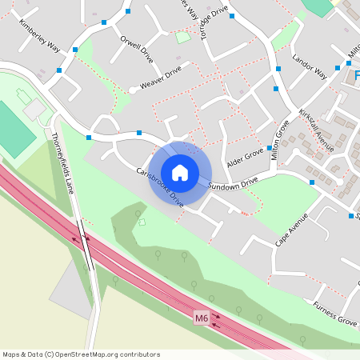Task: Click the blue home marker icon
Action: [180, 172]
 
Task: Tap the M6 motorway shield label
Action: [202, 318]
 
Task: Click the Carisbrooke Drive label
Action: [160, 186]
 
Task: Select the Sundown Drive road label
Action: [233, 184]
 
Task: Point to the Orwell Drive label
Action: [135, 48]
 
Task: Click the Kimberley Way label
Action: [39, 35]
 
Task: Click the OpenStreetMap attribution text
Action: [81, 354]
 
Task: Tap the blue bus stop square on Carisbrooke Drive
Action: [139, 133]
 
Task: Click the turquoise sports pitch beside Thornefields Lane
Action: [15, 130]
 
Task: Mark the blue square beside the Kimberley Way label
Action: [75, 50]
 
